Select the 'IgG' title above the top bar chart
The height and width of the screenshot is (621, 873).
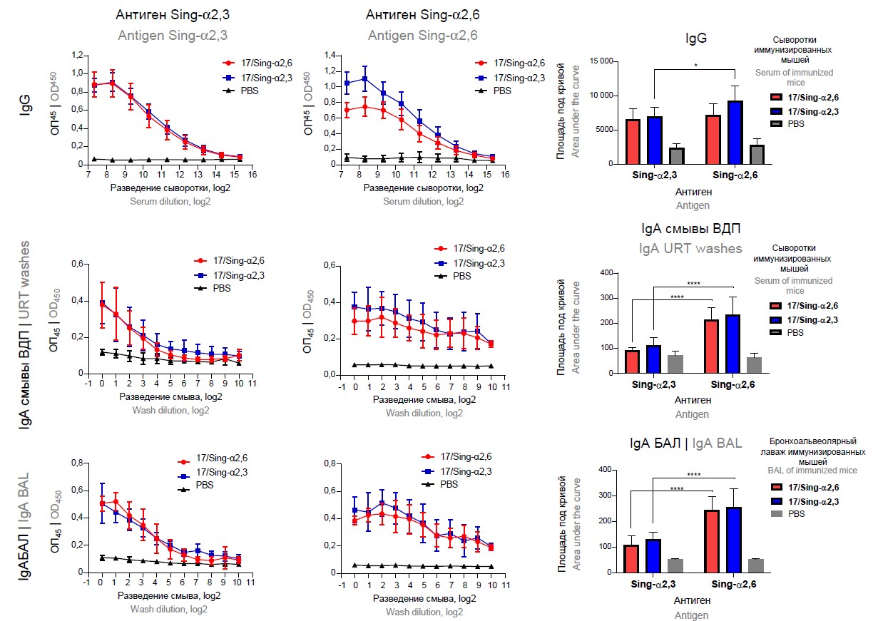pyautogui.click(x=695, y=39)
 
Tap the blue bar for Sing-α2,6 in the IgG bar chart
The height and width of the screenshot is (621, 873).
pyautogui.click(x=734, y=133)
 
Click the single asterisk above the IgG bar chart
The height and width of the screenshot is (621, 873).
pyautogui.click(x=694, y=64)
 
